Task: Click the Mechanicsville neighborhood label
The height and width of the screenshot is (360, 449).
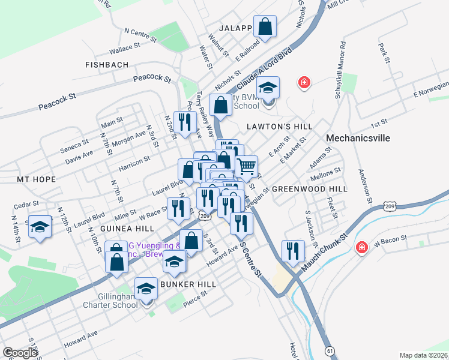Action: click(358, 138)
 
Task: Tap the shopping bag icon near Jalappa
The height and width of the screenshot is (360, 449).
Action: click(265, 26)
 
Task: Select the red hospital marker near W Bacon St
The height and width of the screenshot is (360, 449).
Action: click(362, 247)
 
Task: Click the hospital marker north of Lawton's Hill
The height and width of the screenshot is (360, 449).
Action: click(304, 82)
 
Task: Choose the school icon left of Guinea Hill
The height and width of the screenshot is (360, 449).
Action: click(40, 227)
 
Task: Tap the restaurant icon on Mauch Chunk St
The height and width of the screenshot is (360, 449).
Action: click(294, 251)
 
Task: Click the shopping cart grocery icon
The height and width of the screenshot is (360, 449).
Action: click(246, 166)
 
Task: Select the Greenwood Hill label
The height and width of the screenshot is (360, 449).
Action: click(309, 188)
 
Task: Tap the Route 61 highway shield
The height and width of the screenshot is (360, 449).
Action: click(330, 350)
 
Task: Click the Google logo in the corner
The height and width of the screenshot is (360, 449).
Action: click(20, 353)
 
